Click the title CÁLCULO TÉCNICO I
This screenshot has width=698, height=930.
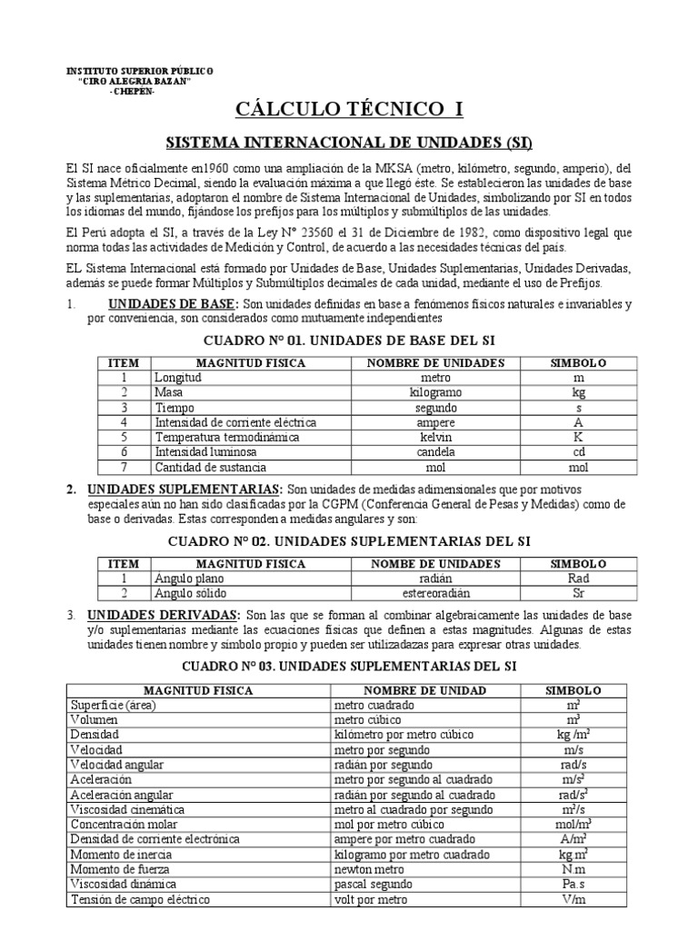(350, 110)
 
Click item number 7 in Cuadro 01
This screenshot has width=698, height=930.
(124, 468)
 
